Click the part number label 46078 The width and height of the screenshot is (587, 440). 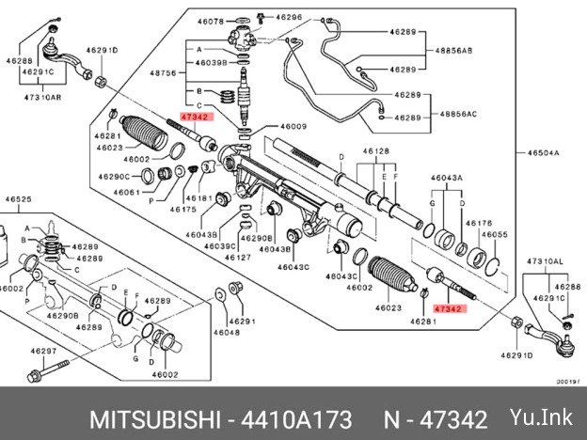coord(211,22)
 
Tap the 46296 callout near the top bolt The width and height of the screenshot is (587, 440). coord(289,17)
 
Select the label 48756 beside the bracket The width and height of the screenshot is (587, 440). coord(163,73)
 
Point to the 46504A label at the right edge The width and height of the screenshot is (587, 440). coord(543,152)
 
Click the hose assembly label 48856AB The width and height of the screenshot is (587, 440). coord(453,51)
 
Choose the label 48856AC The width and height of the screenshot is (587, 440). coord(458,114)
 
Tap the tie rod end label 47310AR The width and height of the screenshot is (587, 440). coord(42,97)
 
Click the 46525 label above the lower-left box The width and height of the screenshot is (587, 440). coord(19,199)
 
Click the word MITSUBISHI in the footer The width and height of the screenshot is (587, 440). coord(154,419)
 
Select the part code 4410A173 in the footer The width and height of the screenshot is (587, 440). coord(296,419)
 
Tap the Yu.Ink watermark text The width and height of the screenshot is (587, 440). coord(541,416)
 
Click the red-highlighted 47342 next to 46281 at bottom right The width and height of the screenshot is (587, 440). coord(450,309)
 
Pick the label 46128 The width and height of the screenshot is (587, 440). coord(376,151)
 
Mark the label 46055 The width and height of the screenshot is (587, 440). coord(495,235)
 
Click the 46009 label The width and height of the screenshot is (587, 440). coord(293,127)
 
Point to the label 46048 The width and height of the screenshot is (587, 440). coord(227,332)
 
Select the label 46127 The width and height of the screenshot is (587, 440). coord(238,258)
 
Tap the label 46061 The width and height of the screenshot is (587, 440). coord(127,193)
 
